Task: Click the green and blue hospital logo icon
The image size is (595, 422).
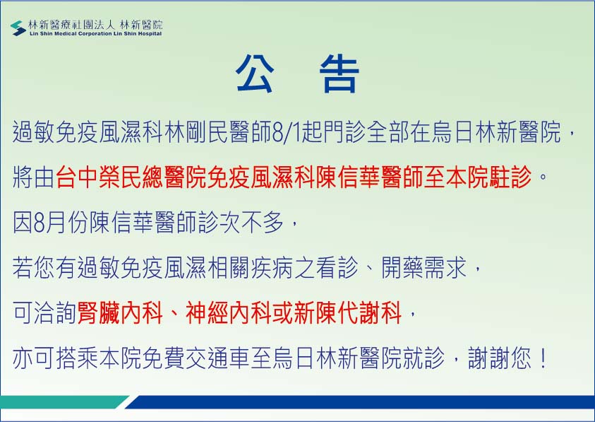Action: pos(18,28)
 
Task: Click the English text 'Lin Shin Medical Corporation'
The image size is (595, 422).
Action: pos(71,34)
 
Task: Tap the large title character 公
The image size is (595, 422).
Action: pos(255,74)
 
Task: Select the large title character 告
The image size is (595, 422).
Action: pos(339,74)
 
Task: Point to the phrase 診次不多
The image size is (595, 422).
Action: pos(241,222)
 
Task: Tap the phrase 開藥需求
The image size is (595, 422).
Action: pos(424,267)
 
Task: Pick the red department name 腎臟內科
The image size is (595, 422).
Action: pos(120,313)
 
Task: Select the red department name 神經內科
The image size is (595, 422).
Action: pos(229,313)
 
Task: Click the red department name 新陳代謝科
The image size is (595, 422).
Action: pos(348,313)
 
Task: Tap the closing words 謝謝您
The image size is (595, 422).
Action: pos(500,358)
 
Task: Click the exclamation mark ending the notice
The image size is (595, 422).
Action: pos(543,358)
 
